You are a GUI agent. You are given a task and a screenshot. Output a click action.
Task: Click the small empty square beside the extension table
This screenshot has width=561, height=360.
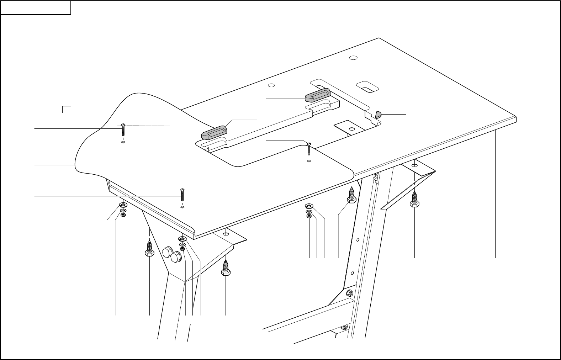coord(67,109)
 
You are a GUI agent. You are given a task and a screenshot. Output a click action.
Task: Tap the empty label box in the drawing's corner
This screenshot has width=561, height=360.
coord(36,7)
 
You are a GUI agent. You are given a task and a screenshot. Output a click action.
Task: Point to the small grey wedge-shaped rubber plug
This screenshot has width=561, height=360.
coord(378,114)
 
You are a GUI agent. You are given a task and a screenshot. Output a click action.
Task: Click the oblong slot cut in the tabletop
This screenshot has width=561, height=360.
coord(367,87)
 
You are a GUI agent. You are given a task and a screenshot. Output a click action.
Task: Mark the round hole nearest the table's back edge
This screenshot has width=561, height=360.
coord(353,58)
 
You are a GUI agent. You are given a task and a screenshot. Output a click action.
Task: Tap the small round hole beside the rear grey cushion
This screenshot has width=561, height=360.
coord(271,85)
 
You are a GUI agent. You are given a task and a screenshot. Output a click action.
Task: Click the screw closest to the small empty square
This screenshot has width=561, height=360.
coord(123,130)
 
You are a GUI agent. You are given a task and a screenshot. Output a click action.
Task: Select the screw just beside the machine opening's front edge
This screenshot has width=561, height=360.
coord(309,148)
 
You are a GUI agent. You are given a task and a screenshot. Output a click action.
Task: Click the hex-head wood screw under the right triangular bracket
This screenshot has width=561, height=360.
coord(414,200)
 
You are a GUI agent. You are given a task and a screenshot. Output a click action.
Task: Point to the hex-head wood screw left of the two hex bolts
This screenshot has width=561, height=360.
coord(149,248)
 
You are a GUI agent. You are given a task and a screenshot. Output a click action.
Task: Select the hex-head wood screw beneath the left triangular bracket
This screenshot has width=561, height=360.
coord(226,268)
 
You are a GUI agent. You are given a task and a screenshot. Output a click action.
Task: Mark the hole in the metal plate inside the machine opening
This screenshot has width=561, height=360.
coord(352,128)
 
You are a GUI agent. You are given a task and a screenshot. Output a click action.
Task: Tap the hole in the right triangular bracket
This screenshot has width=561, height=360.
coord(415,165)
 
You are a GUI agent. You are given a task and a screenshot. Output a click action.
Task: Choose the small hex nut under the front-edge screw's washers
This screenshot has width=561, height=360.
coord(182,249)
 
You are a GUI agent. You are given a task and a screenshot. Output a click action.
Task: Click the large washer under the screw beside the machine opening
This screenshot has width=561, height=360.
coord(309,206)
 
